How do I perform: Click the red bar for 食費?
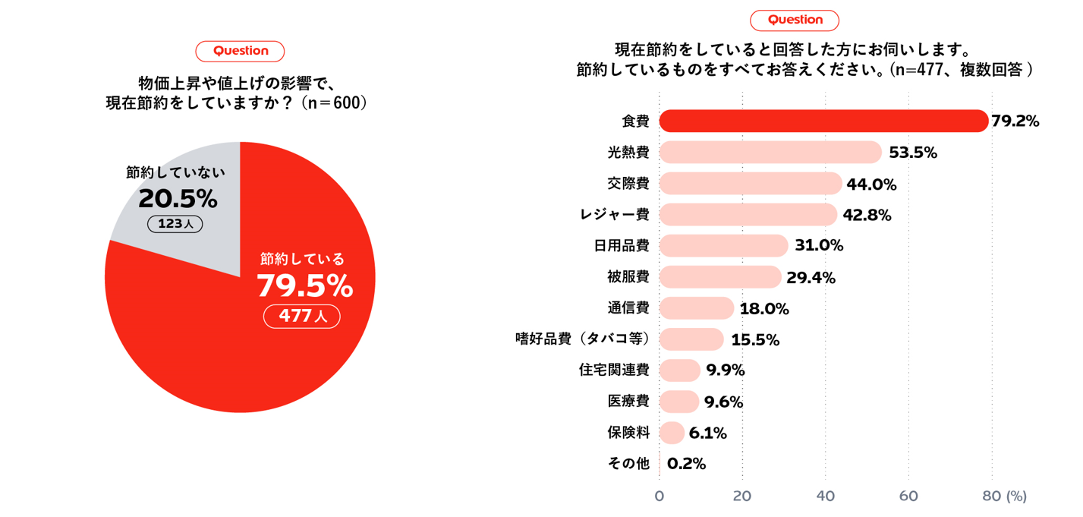pos(823,121)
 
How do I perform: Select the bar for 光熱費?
pos(770,153)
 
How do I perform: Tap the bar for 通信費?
pos(696,308)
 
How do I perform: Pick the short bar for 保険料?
pos(672,433)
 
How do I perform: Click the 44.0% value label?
pos(871,184)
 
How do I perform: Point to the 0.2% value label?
pos(686,464)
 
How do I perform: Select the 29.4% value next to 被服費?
pos(811,278)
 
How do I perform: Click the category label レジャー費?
pos(614,215)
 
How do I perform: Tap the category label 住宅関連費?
pos(614,370)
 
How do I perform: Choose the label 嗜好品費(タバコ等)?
pos(582,339)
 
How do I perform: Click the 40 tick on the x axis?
pos(825,497)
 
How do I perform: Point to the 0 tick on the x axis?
pos(659,497)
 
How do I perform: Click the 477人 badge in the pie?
pos(302,316)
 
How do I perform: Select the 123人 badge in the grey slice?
pos(175,224)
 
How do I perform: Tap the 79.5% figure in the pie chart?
pos(304,286)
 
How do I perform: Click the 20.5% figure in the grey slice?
pos(178,199)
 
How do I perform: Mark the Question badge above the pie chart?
pos(240,51)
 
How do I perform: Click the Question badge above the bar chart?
pos(795,20)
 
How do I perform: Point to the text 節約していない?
pos(175,172)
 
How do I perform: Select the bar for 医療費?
pos(678,402)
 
